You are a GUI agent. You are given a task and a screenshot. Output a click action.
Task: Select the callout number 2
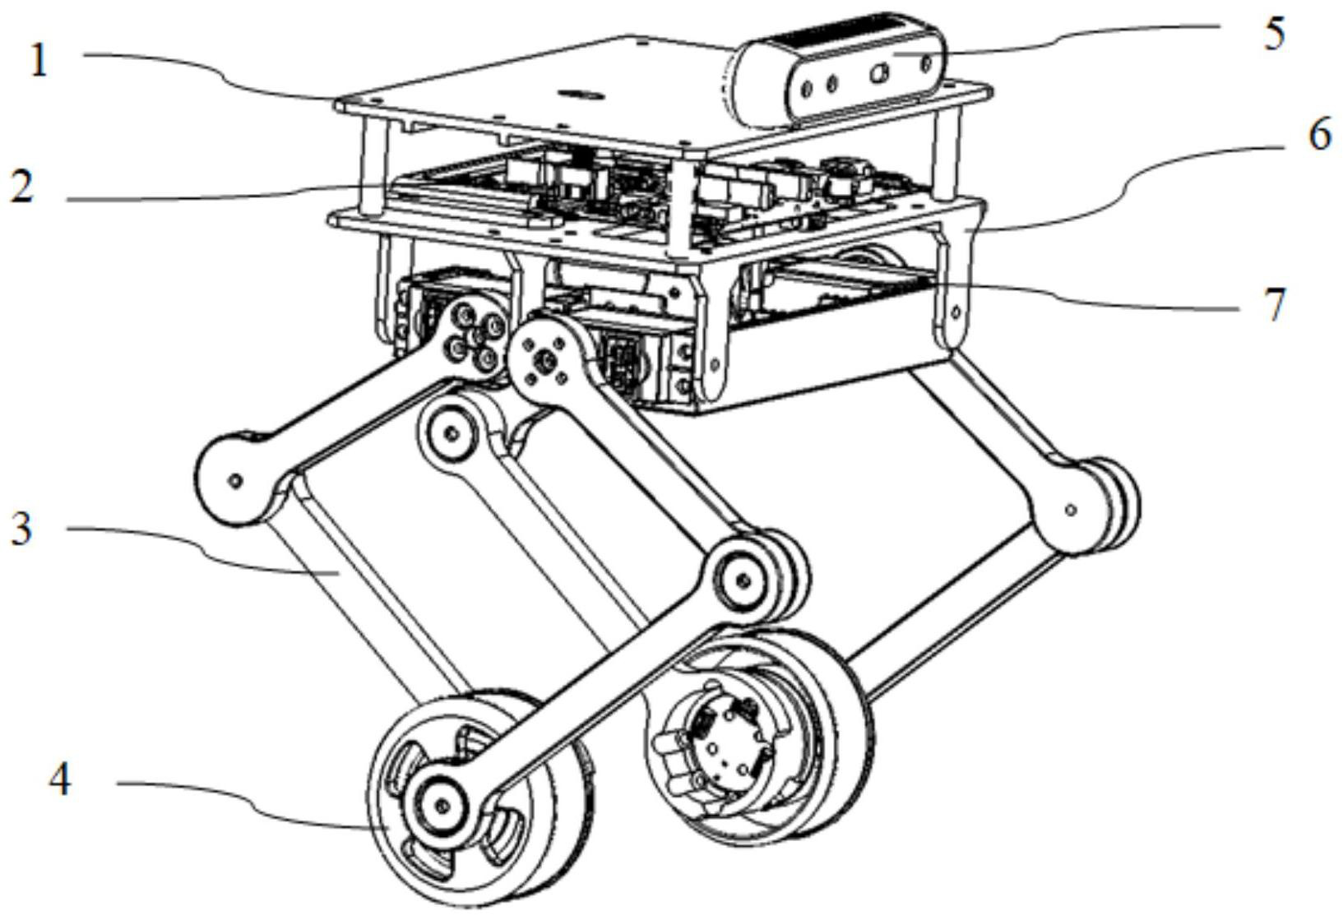tap(22, 187)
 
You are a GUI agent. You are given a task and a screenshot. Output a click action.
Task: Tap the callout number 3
tap(22, 528)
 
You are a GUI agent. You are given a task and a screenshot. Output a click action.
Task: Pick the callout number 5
tap(1273, 35)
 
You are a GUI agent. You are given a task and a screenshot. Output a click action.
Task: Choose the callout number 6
tap(1319, 134)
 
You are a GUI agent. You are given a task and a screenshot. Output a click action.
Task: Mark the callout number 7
tap(1274, 305)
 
